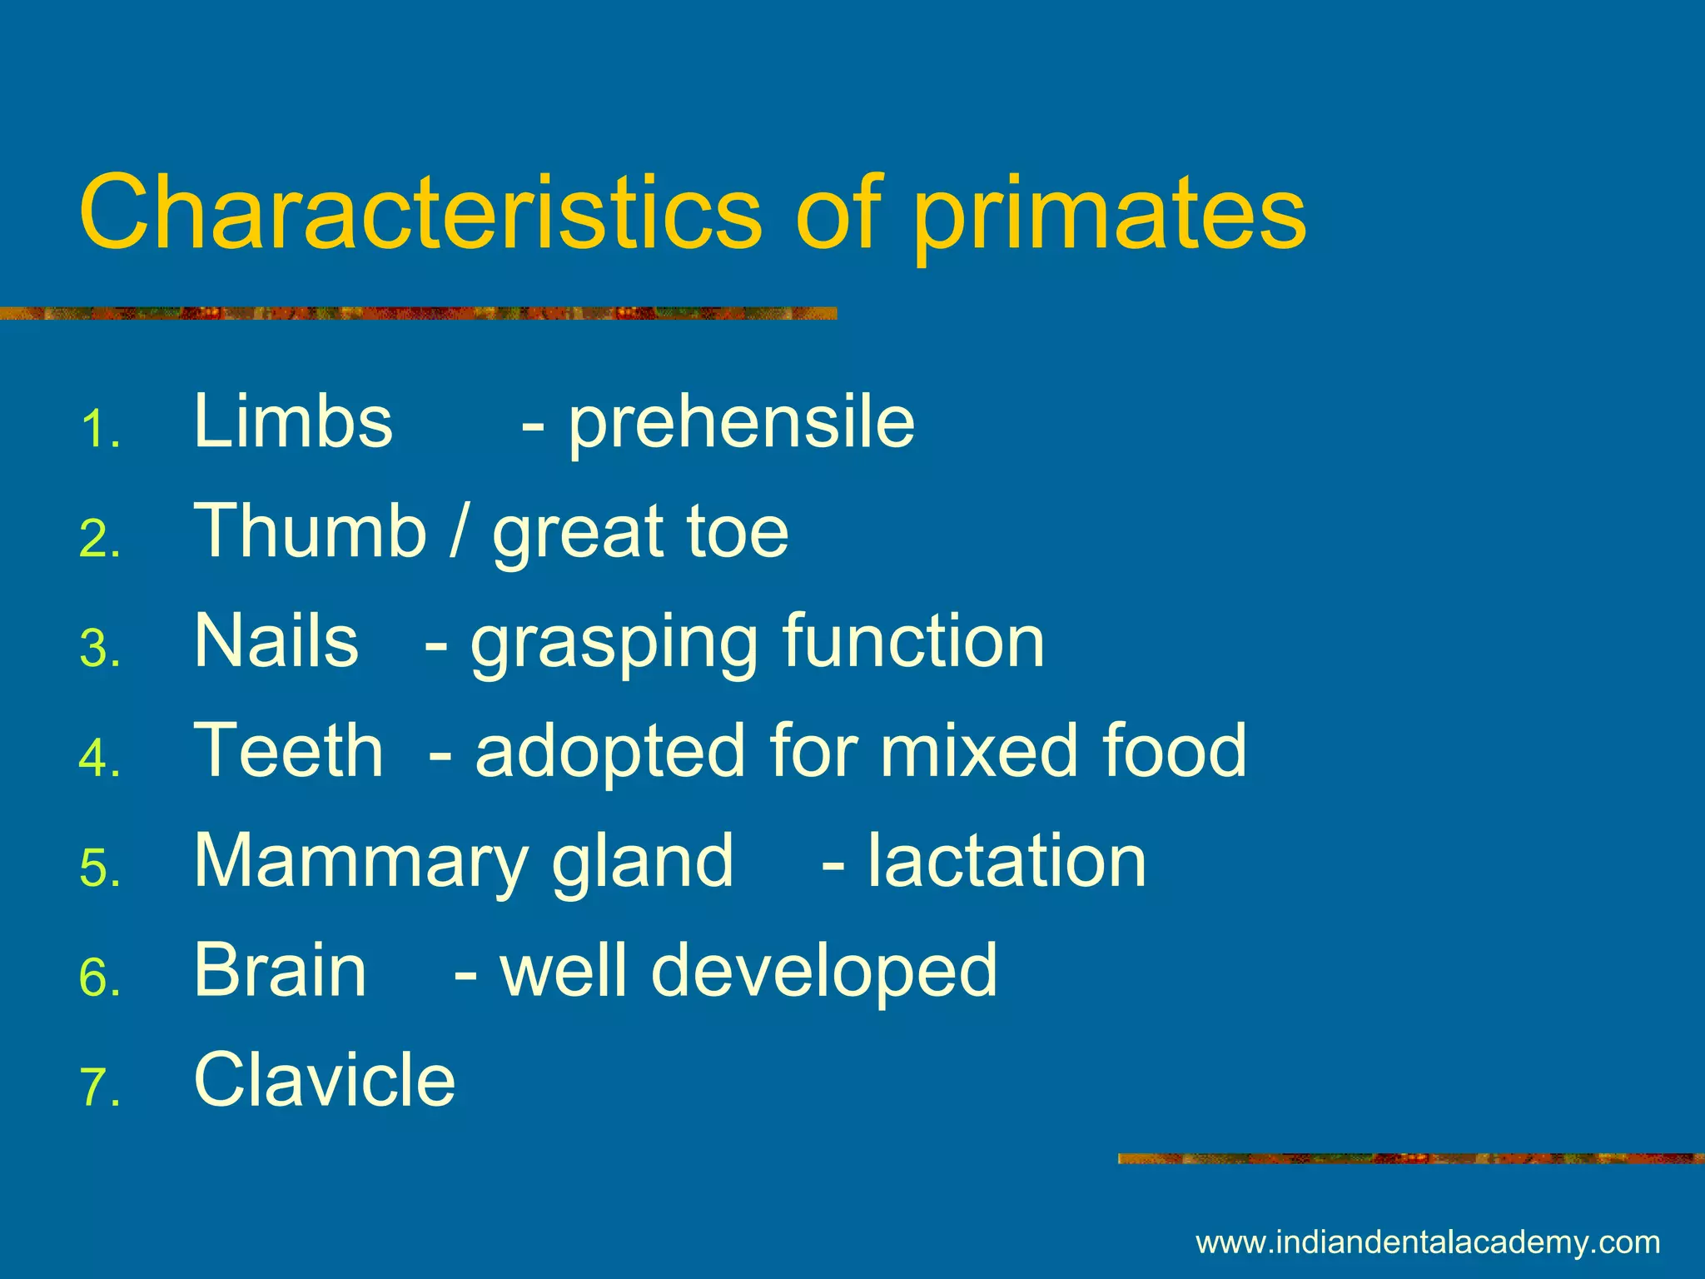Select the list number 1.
click(x=100, y=430)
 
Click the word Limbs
click(x=293, y=421)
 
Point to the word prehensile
click(x=741, y=425)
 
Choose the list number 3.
click(x=100, y=649)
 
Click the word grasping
click(x=614, y=644)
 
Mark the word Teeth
click(x=288, y=750)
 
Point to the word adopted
click(x=609, y=754)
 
